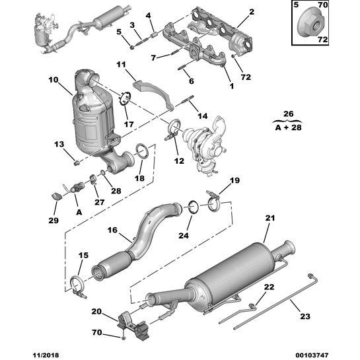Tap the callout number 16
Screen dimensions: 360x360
tap(112, 230)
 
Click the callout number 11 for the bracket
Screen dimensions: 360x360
tap(121, 64)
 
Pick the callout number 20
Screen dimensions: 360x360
tap(96, 311)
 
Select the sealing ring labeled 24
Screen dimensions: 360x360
tap(191, 207)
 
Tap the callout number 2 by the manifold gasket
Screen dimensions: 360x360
tap(251, 12)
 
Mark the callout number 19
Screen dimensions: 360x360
tap(234, 180)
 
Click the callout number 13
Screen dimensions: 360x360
tap(58, 144)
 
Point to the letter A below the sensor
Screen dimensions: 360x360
tap(79, 213)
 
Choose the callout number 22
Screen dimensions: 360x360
tap(268, 286)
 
